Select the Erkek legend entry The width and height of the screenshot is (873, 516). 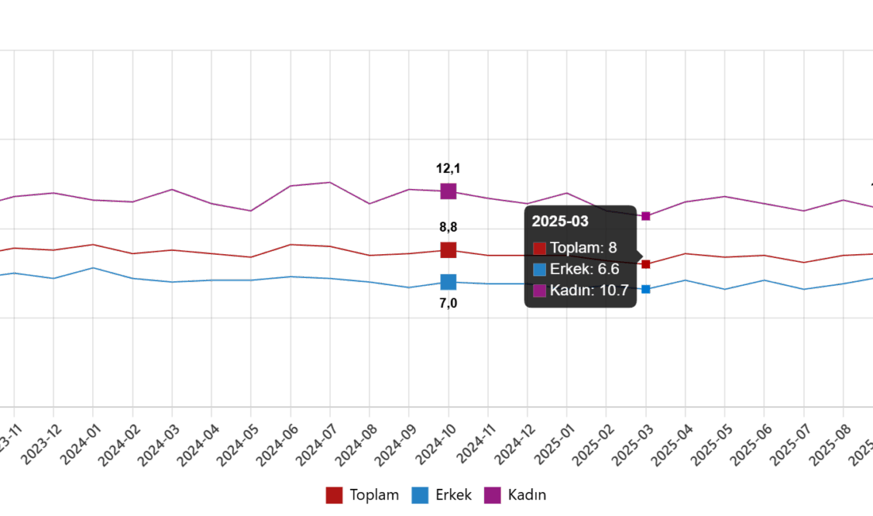(x=441, y=495)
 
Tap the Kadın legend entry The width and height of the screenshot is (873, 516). (x=515, y=495)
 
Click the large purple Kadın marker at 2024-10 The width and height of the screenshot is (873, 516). (x=448, y=191)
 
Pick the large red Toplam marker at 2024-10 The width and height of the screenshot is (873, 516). (x=448, y=250)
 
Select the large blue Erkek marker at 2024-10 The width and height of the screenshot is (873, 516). (x=448, y=282)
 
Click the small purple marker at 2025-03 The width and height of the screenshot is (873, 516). (x=646, y=216)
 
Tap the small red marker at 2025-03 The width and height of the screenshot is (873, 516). (x=646, y=264)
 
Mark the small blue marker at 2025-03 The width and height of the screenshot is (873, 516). (x=646, y=289)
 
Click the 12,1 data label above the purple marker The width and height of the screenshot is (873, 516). (x=448, y=168)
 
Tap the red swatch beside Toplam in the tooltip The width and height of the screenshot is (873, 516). (x=540, y=248)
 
